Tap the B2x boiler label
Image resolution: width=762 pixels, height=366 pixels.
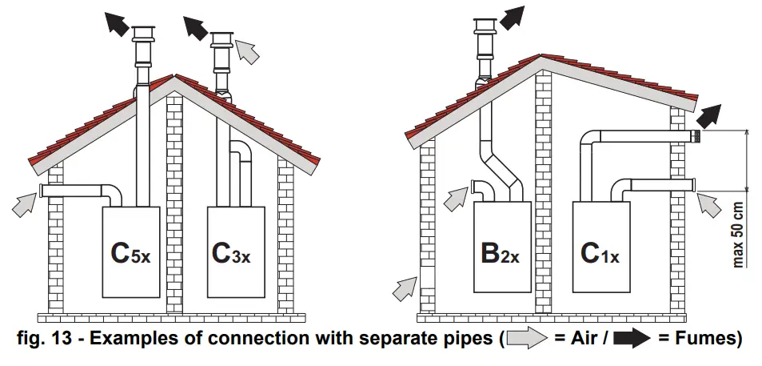(x=500, y=254)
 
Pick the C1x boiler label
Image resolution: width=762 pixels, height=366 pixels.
(x=600, y=254)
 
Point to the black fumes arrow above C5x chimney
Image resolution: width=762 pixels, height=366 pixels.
(x=117, y=23)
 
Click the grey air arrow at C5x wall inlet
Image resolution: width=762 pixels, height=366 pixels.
(x=25, y=206)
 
